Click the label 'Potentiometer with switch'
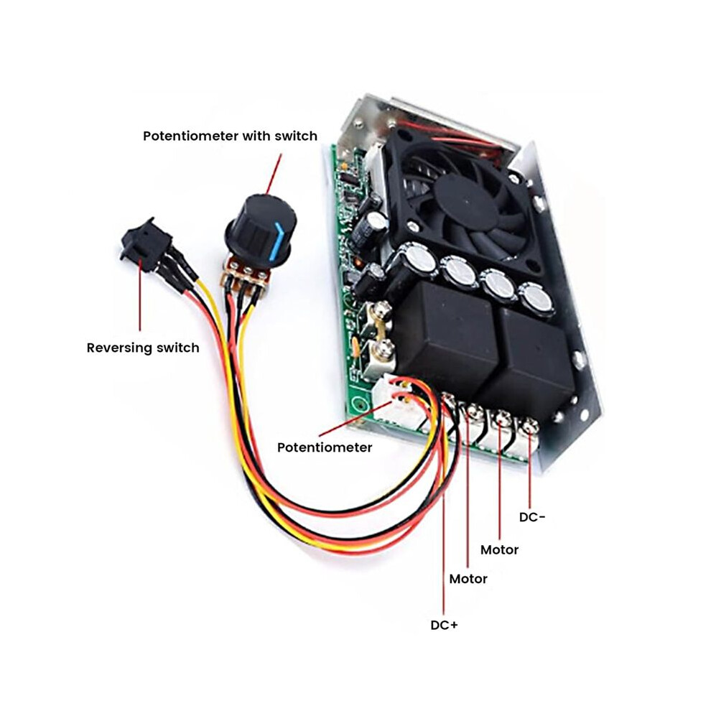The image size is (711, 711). [230, 136]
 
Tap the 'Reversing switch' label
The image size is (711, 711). [143, 348]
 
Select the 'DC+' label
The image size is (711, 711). [444, 625]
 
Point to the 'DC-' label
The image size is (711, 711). [532, 517]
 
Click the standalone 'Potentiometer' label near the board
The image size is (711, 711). [325, 447]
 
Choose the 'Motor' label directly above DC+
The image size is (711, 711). [468, 579]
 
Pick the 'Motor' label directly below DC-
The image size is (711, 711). [499, 549]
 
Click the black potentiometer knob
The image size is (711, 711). [260, 228]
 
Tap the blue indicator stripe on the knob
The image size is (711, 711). [276, 243]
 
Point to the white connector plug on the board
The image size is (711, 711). [394, 399]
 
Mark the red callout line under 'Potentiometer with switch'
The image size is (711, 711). [273, 175]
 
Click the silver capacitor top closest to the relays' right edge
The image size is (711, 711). [537, 298]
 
